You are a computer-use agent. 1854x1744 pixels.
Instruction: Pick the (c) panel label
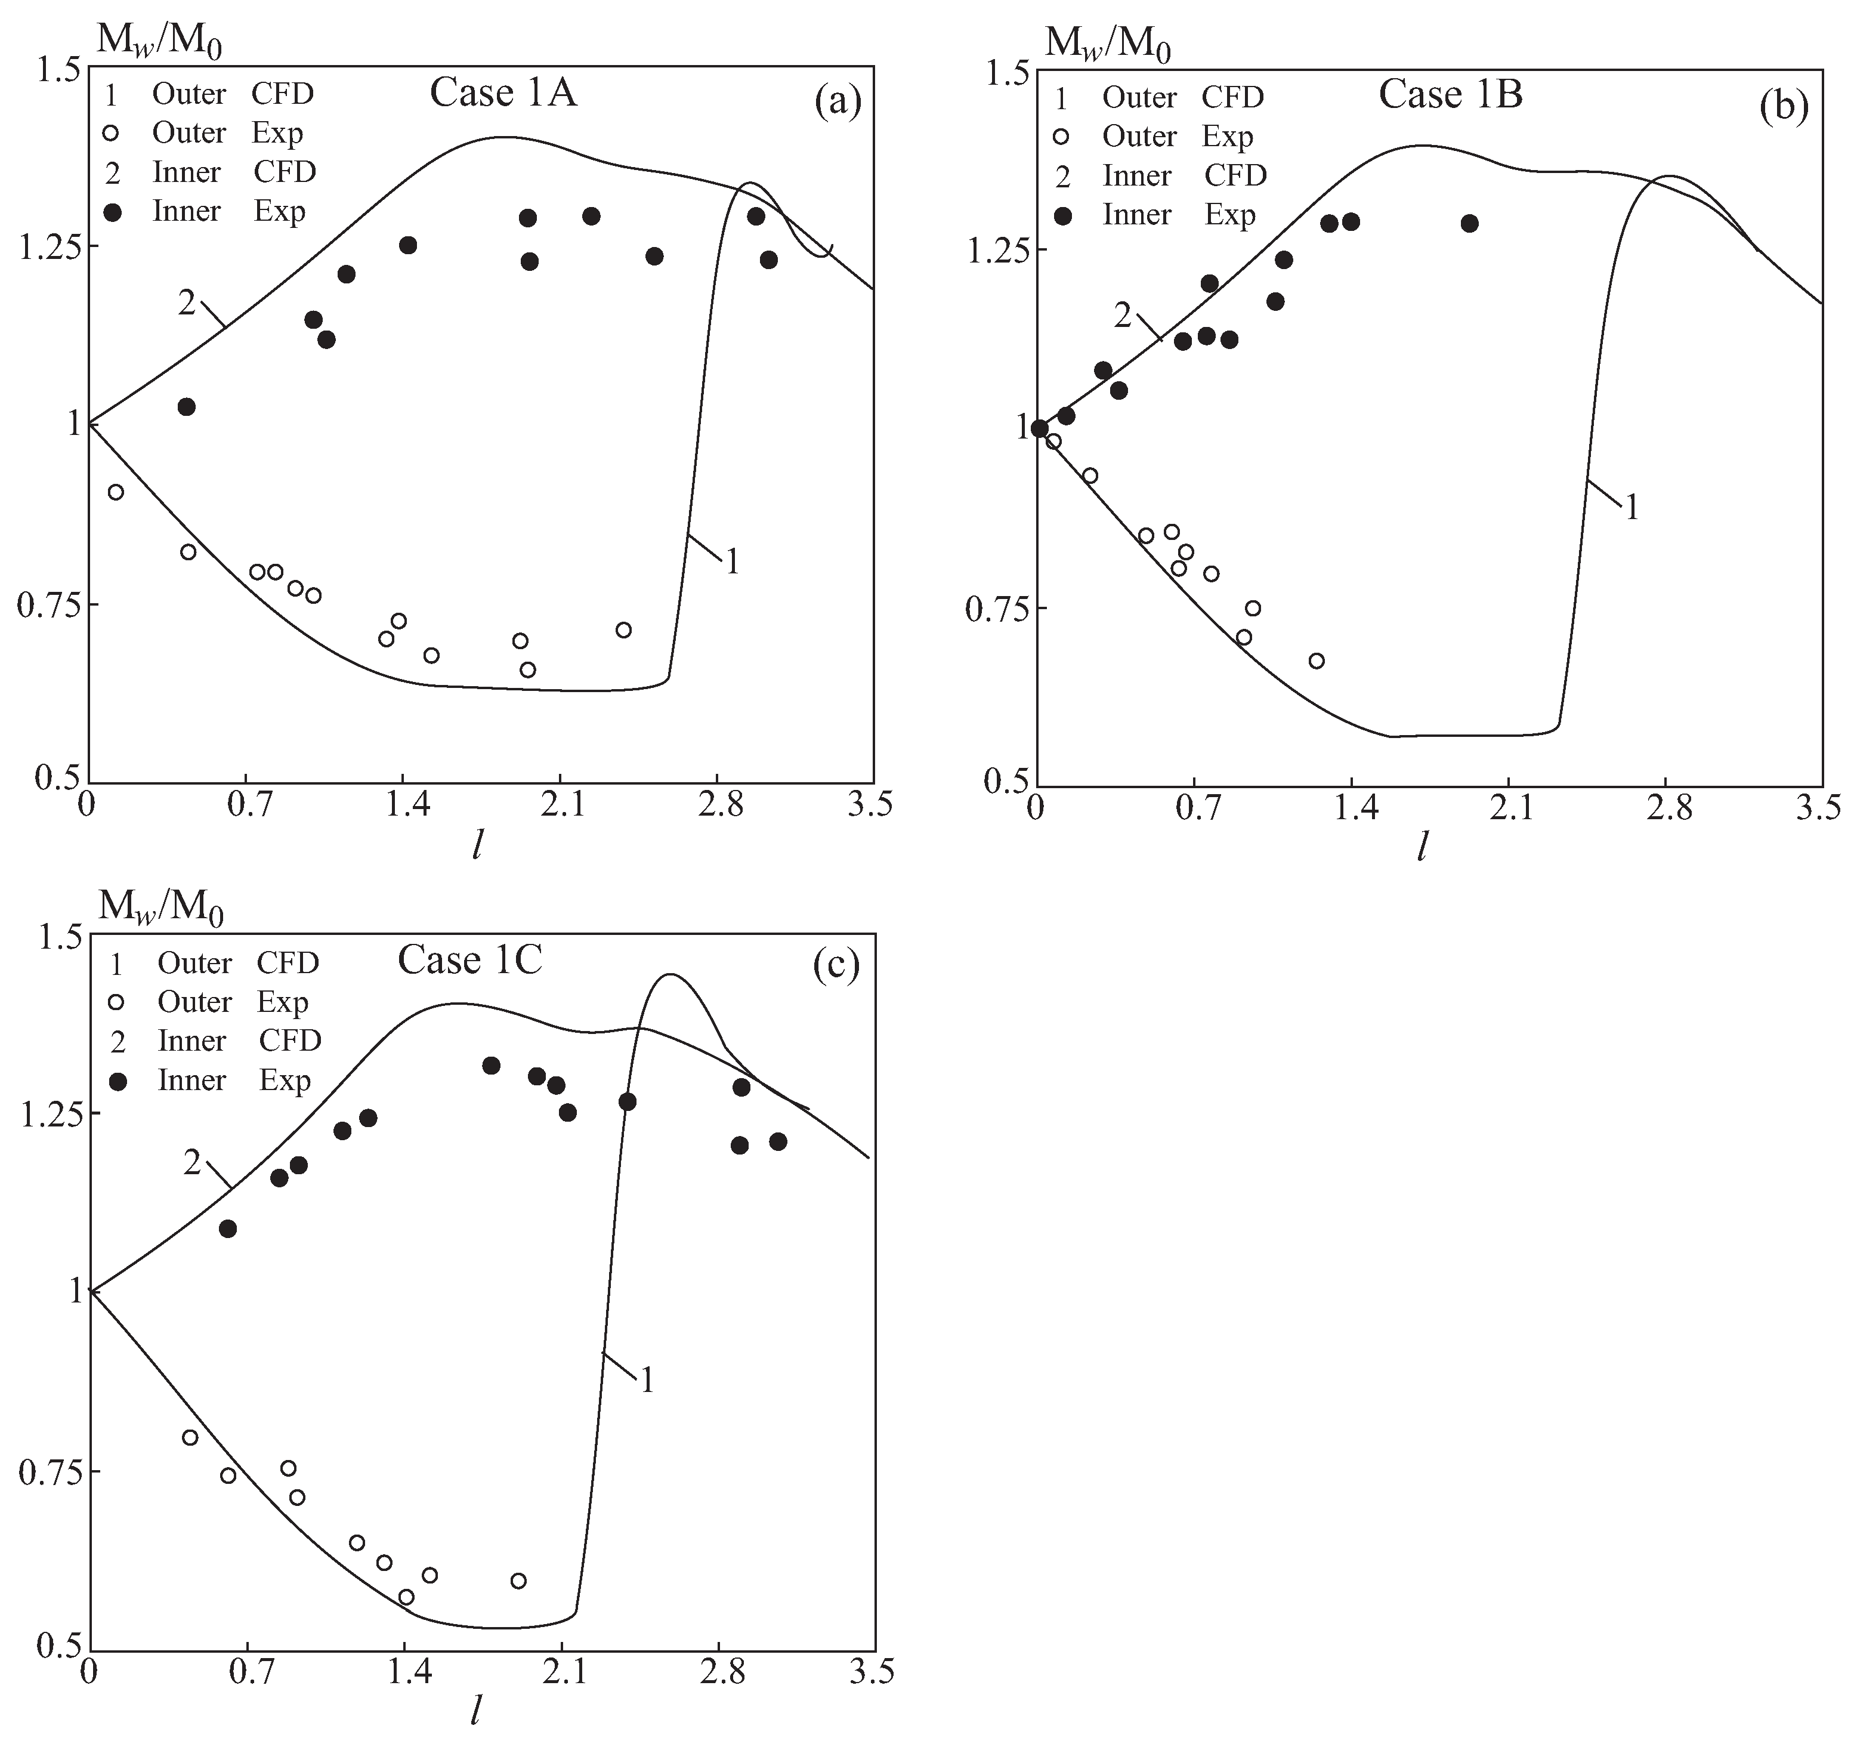[x=836, y=966]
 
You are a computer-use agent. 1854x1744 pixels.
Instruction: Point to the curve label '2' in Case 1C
[x=192, y=1162]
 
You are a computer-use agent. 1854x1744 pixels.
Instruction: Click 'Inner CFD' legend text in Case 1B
[x=1184, y=175]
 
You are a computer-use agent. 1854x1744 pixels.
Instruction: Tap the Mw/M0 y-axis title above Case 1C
[x=161, y=906]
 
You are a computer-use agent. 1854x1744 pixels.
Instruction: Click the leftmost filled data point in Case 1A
[x=187, y=407]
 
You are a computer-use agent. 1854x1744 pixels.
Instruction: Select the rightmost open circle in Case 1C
[x=518, y=1580]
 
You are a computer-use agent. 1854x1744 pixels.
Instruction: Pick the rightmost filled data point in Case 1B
[x=1470, y=224]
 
